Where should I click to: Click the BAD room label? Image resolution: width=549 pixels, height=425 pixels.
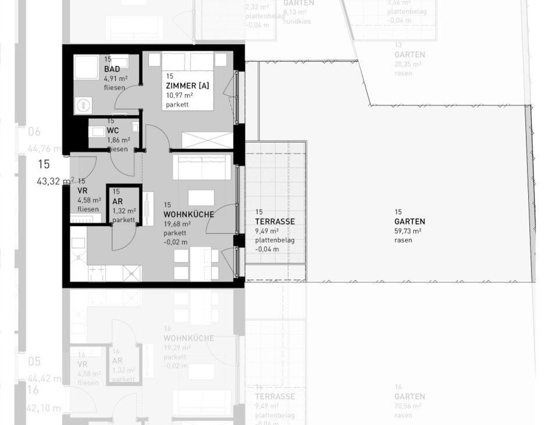tap(112, 69)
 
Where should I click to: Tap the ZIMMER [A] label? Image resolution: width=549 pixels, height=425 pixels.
tap(187, 85)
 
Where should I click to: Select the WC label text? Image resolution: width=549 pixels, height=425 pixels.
tap(113, 131)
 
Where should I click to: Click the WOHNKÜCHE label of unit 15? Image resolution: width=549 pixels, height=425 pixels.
tap(188, 215)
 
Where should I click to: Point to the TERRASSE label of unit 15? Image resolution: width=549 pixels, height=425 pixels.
tap(275, 221)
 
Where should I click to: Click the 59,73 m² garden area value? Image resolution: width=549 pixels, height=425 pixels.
tap(408, 231)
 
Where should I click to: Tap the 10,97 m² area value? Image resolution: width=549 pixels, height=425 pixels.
tap(179, 95)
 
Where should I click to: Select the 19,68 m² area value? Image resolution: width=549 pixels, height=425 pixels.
tap(177, 224)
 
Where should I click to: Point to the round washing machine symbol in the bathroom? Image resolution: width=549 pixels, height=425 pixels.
tap(82, 105)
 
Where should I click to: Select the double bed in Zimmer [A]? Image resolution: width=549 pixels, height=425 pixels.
tap(188, 80)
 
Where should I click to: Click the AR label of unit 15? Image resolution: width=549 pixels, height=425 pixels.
tap(117, 201)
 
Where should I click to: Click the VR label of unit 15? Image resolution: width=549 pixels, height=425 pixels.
tap(82, 191)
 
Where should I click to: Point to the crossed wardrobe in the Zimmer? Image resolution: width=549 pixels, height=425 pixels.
tap(207, 140)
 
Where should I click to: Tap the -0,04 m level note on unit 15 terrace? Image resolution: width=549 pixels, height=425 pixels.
tap(267, 249)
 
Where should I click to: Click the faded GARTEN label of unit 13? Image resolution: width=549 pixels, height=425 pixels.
tap(410, 55)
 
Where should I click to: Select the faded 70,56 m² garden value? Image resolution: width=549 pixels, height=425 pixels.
tap(408, 406)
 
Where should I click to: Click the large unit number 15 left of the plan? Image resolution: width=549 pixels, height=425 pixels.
tap(44, 164)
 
